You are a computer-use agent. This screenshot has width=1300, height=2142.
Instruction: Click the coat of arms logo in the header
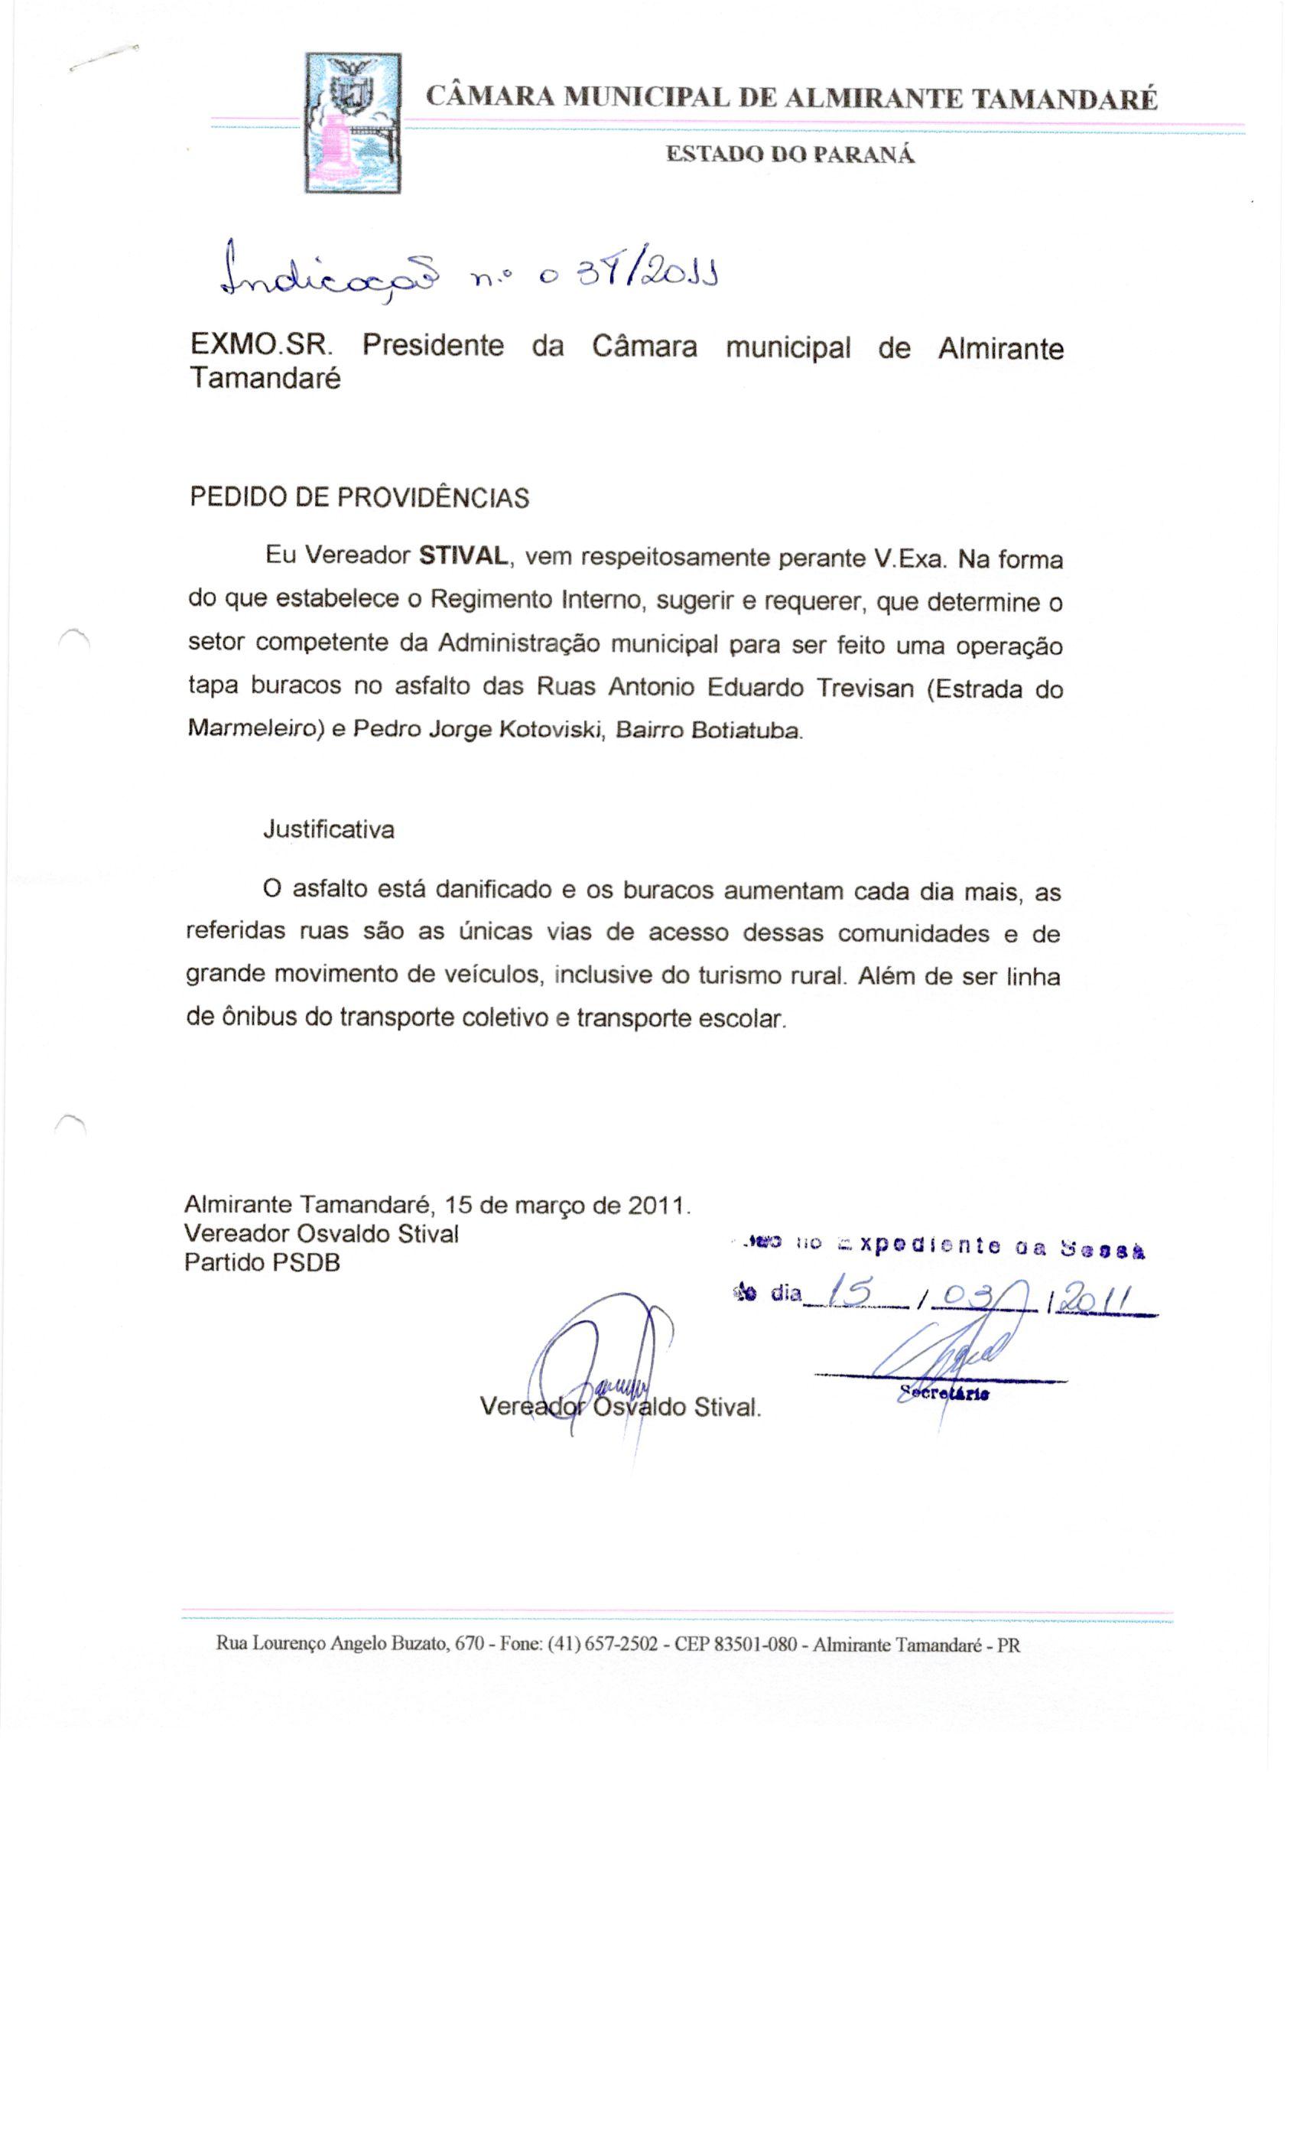click(x=353, y=122)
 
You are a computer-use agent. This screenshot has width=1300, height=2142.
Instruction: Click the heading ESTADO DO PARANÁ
click(x=790, y=155)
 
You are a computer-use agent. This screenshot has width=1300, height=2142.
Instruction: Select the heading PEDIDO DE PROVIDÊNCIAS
click(x=359, y=498)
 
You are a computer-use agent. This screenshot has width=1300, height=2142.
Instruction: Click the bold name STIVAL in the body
click(x=463, y=556)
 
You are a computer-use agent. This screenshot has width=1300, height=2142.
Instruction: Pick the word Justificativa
click(x=329, y=829)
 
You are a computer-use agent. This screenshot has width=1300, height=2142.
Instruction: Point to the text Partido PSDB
click(x=262, y=1262)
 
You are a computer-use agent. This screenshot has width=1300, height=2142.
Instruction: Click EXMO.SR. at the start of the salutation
click(x=261, y=345)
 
